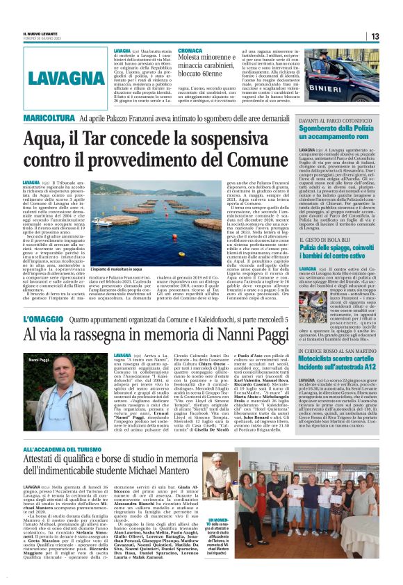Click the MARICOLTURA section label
click(49, 120)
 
